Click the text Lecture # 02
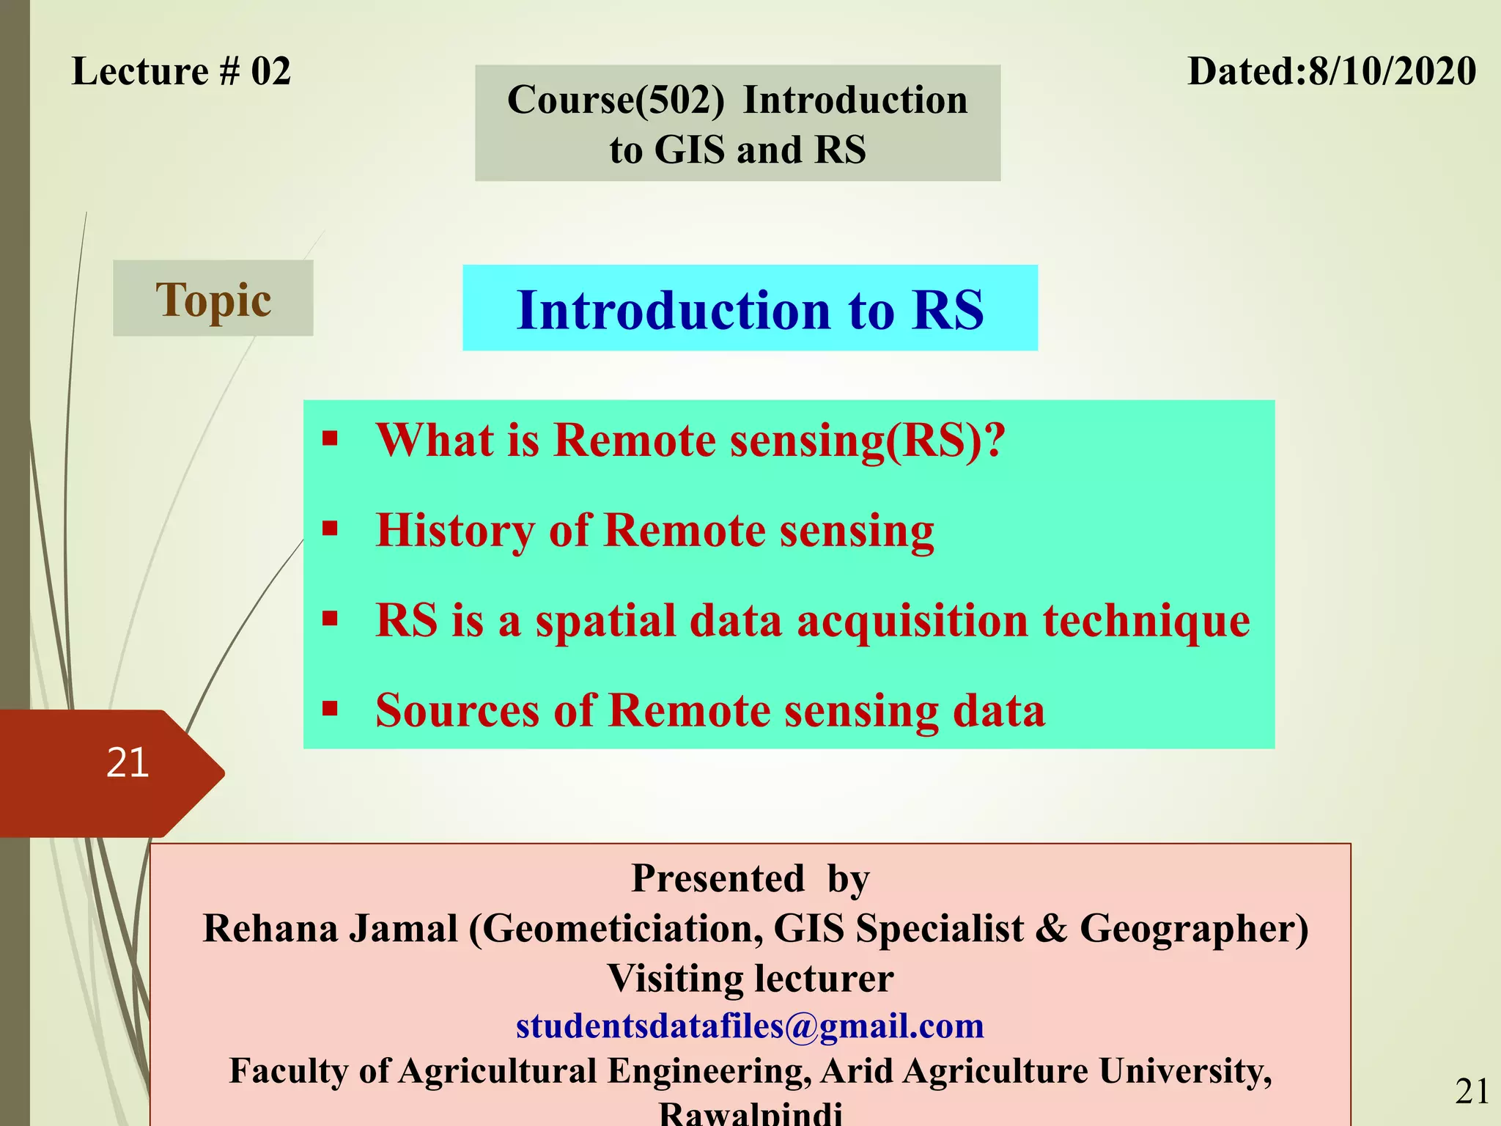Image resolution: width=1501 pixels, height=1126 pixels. pyautogui.click(x=181, y=72)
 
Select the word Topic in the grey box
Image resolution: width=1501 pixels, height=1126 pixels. pyautogui.click(x=213, y=300)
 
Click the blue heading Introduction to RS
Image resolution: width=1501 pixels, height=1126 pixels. pyautogui.click(x=750, y=309)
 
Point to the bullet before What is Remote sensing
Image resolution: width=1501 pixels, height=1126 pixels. pyautogui.click(x=331, y=440)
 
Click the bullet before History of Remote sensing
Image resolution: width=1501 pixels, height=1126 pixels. pyautogui.click(x=331, y=529)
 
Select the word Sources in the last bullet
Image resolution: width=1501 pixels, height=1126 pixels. pyautogui.click(x=457, y=710)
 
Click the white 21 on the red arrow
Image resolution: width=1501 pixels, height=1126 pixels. pyautogui.click(x=128, y=762)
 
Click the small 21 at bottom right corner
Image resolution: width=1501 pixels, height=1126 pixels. pyautogui.click(x=1472, y=1092)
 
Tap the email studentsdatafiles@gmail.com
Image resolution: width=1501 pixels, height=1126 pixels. pyautogui.click(x=750, y=1026)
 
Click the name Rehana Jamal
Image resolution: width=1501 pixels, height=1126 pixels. pyautogui.click(x=330, y=929)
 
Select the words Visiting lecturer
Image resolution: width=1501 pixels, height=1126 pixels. pyautogui.click(x=750, y=978)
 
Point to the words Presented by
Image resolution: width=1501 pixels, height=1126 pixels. pyautogui.click(x=750, y=878)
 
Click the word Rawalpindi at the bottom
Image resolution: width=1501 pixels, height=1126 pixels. pyautogui.click(x=750, y=1114)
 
